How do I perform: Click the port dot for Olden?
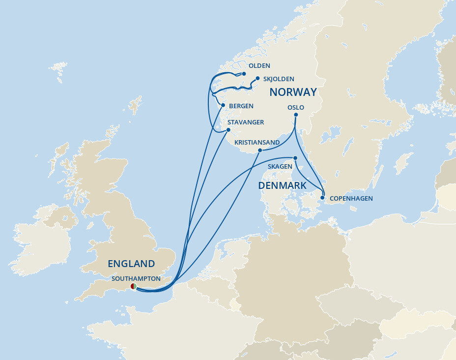pyautogui.click(x=244, y=74)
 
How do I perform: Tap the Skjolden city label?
pyautogui.click(x=279, y=79)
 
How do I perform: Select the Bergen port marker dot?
pyautogui.click(x=223, y=106)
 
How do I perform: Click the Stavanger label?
pyautogui.click(x=245, y=122)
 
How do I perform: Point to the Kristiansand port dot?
pyautogui.click(x=259, y=150)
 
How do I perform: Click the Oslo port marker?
pyautogui.click(x=295, y=116)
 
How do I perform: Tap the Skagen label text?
pyautogui.click(x=280, y=167)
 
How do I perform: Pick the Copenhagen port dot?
pyautogui.click(x=323, y=198)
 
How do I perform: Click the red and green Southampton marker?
pyautogui.click(x=133, y=286)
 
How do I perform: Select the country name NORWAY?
pyautogui.click(x=293, y=92)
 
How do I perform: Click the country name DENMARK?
pyautogui.click(x=282, y=185)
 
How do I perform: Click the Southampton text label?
pyautogui.click(x=136, y=278)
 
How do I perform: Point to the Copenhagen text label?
pyautogui.click(x=351, y=199)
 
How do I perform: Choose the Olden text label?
pyautogui.click(x=259, y=66)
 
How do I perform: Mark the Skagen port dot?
pyautogui.click(x=295, y=158)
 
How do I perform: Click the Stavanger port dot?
pyautogui.click(x=228, y=130)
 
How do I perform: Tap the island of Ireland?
pyautogui.click(x=42, y=243)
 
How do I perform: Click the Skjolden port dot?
pyautogui.click(x=257, y=78)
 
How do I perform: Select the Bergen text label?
pyautogui.click(x=241, y=106)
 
